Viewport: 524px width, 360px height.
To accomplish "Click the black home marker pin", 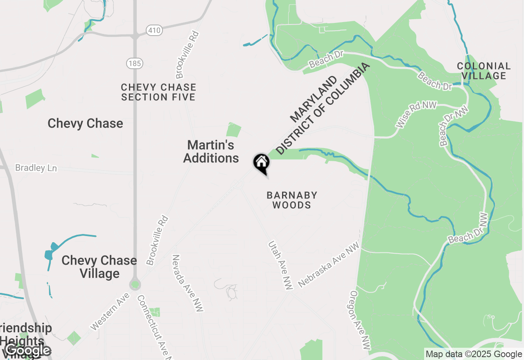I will point(261,163).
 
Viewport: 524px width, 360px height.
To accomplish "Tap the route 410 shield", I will point(154,30).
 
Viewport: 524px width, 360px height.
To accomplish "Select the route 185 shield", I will point(134,63).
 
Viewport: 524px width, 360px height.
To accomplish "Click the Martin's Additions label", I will point(211,151).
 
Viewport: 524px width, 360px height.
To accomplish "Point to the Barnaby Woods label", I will point(292,200).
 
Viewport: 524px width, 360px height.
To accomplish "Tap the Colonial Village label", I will point(484,71).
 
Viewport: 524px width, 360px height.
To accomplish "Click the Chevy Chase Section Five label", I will point(158,92).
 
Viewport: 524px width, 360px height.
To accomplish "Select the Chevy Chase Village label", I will point(99,267).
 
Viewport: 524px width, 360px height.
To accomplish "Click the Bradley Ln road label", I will point(36,168).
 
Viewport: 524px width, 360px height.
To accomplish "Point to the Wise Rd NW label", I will point(414,115).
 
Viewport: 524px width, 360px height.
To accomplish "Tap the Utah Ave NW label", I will point(281,265).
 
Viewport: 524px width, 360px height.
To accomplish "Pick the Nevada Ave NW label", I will point(187,283).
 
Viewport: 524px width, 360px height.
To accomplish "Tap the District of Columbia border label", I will point(323,109).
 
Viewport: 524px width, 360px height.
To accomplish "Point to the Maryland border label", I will point(314,99).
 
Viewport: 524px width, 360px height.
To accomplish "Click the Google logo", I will point(28,351).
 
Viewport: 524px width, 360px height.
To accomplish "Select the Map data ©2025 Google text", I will point(474,354).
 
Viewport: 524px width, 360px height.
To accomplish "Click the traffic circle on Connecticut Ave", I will point(135,284).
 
